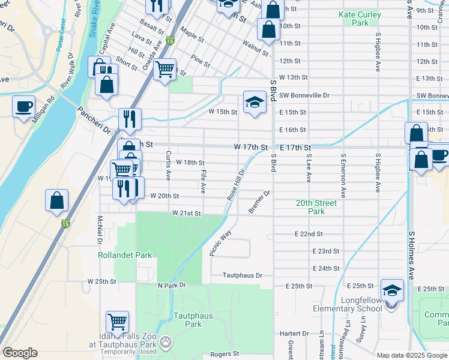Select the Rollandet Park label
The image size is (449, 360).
(117, 255)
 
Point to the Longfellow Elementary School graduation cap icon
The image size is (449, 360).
(392, 292)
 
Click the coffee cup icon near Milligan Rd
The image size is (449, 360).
(24, 107)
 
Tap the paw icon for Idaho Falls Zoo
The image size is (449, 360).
(165, 343)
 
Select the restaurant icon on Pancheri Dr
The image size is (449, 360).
(129, 119)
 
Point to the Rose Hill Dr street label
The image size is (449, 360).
(235, 184)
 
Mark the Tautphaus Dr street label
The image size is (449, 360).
(243, 275)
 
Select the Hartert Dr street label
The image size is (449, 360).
(294, 333)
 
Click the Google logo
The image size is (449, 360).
(20, 353)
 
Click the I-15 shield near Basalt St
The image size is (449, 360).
(170, 41)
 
